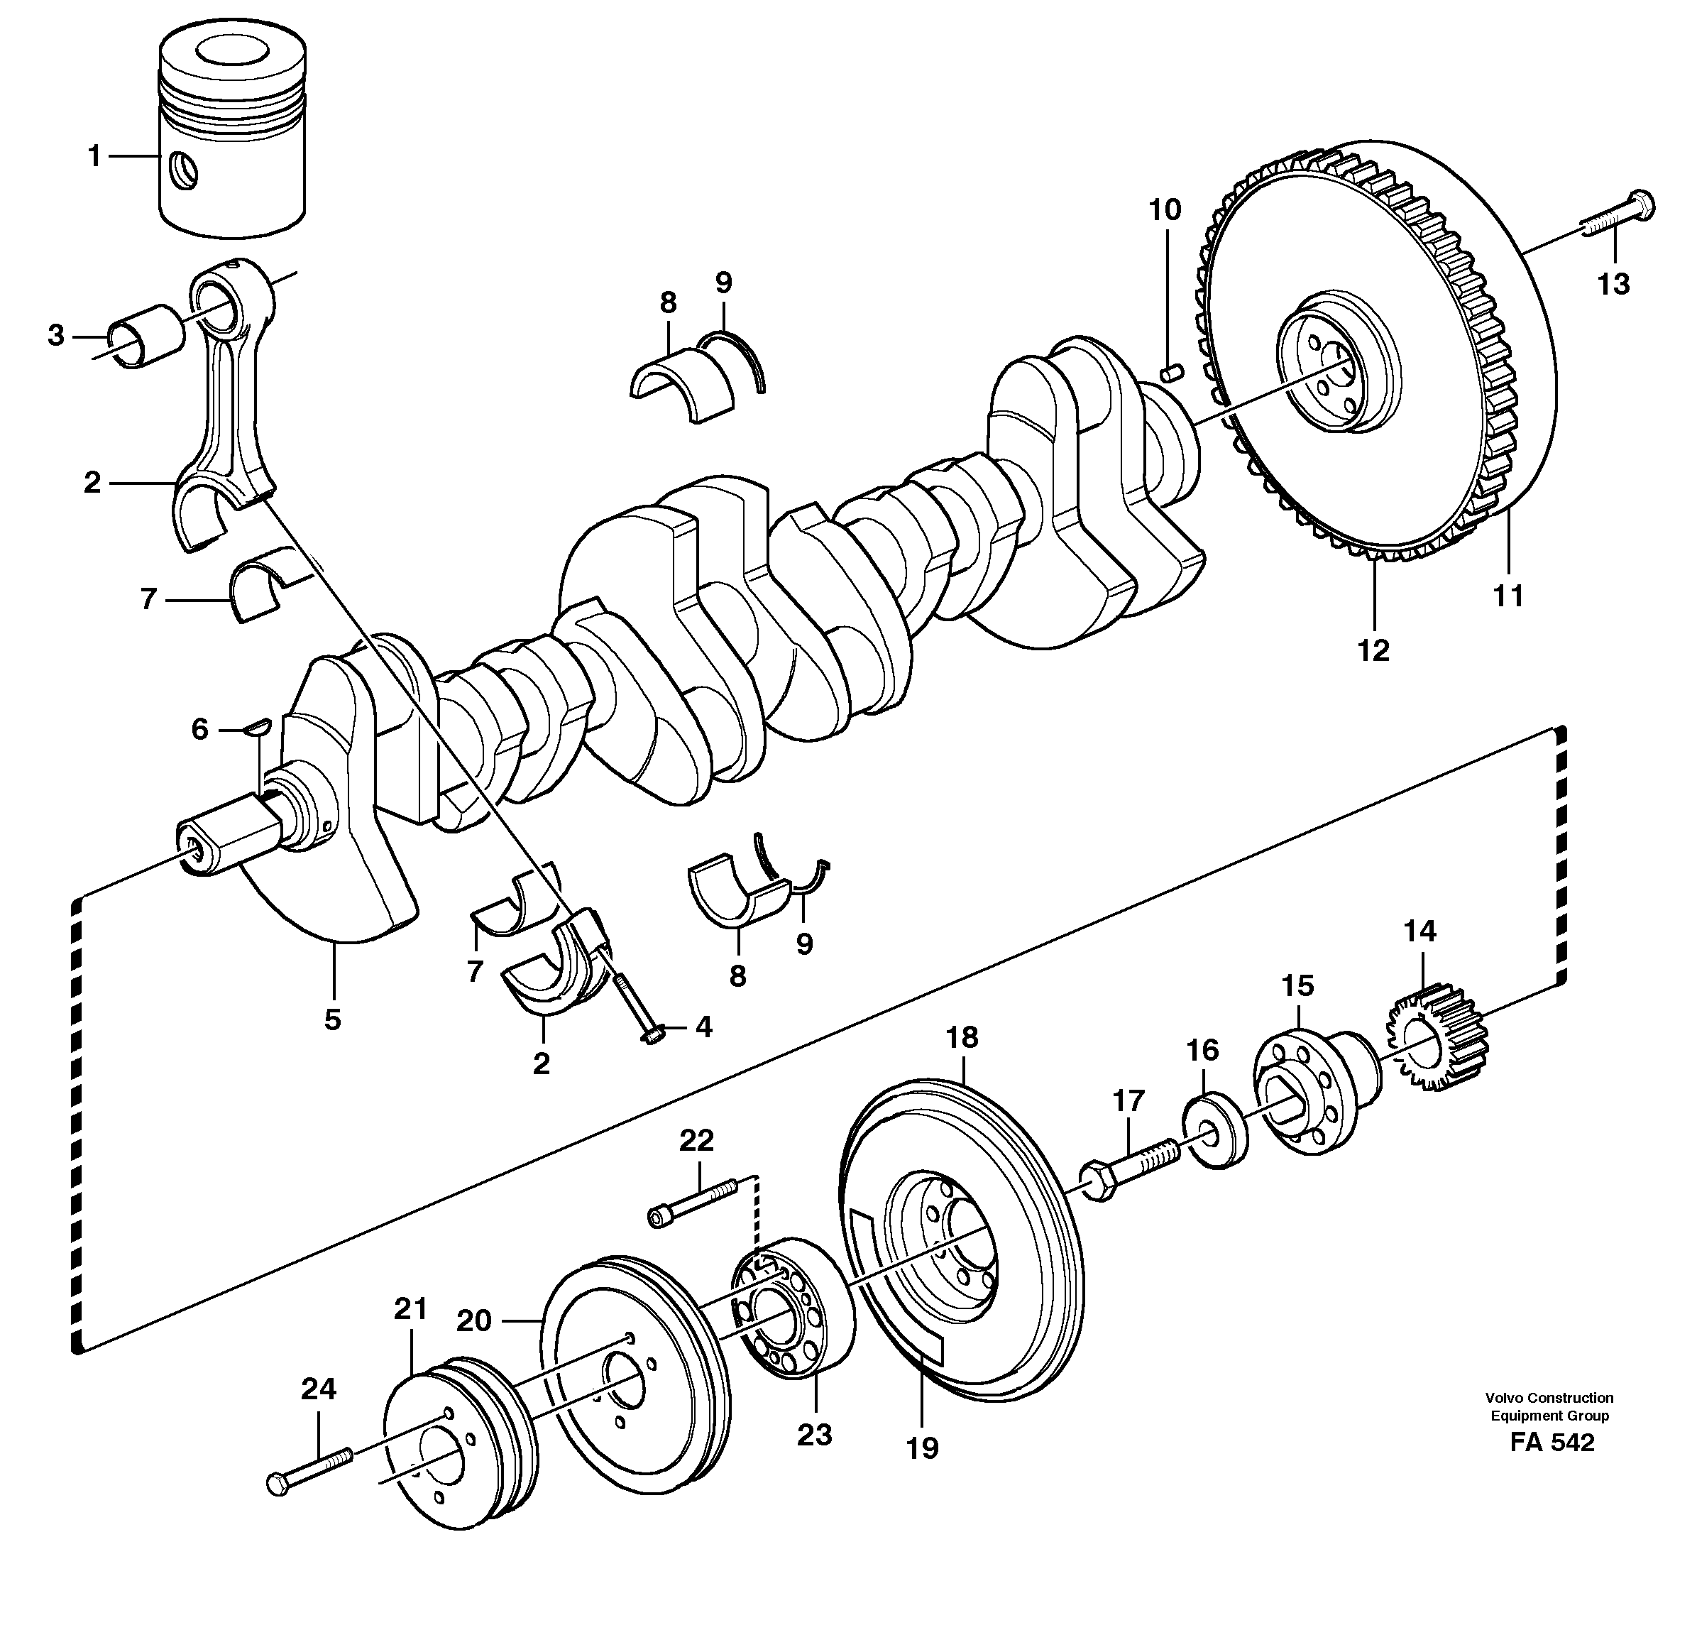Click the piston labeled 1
coord(233,139)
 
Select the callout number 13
coord(1614,284)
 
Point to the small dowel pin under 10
coord(1171,373)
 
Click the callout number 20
coord(473,1320)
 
